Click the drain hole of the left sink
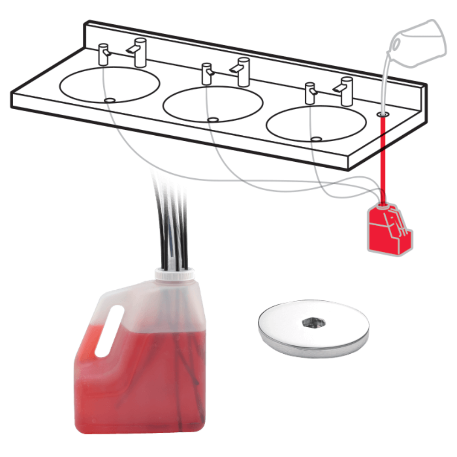[109, 99]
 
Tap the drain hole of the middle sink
[212, 120]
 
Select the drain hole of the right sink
[315, 138]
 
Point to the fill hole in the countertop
[383, 112]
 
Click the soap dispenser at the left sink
[104, 55]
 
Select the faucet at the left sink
[138, 51]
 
